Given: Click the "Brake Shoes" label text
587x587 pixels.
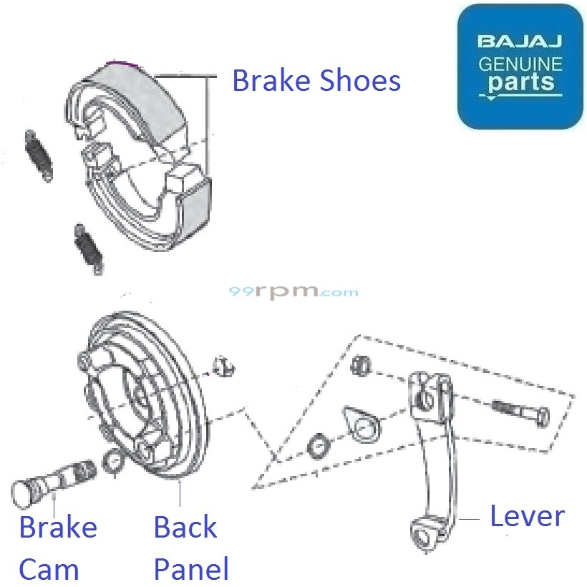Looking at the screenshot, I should click(x=316, y=81).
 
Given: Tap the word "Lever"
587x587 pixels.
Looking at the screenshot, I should click(x=527, y=515).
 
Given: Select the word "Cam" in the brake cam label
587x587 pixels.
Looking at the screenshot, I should click(x=49, y=570).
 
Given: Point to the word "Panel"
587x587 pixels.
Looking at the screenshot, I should click(x=191, y=570).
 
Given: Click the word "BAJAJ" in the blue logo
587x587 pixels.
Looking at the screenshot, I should click(x=520, y=41).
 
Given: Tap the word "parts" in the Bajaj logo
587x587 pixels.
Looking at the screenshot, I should click(x=521, y=82).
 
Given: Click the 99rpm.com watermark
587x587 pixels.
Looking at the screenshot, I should click(x=293, y=292).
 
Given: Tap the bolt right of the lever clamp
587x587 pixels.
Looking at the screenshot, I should click(x=519, y=413).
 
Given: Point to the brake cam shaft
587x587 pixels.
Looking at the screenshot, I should click(x=57, y=481).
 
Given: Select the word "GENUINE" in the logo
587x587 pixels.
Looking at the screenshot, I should click(x=520, y=63).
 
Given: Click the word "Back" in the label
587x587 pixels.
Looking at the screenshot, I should click(x=185, y=528).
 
